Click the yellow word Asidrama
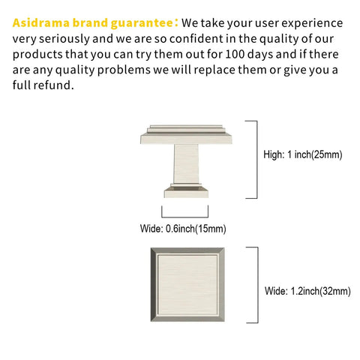[41, 22]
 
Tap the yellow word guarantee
[142, 23]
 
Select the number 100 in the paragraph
[235, 54]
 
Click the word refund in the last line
[54, 85]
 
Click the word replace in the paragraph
[214, 70]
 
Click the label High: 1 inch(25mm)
[303, 154]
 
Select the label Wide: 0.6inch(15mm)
[183, 229]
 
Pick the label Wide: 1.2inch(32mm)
[307, 291]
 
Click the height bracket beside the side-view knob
[256, 160]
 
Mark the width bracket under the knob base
[185, 217]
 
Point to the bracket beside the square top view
[258, 285]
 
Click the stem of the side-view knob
[187, 163]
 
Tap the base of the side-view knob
[186, 191]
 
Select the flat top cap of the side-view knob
[186, 134]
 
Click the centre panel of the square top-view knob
[187, 285]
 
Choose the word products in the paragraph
[37, 55]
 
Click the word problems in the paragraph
[124, 70]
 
